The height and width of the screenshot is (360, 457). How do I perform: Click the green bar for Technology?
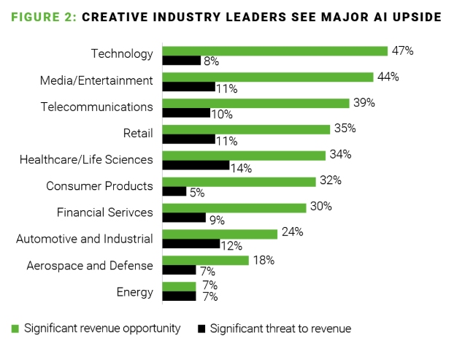(274, 51)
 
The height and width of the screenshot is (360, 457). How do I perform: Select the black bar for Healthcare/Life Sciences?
(196, 166)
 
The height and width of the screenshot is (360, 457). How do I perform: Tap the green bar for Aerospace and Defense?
(205, 260)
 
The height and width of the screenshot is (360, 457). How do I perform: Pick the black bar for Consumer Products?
(174, 191)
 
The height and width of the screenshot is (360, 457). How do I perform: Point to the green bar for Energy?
(179, 286)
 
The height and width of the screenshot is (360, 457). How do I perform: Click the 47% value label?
(404, 51)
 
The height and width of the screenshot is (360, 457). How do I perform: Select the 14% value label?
(241, 168)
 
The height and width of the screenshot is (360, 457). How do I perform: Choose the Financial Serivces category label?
(105, 212)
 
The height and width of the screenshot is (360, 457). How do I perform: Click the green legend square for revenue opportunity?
(15, 329)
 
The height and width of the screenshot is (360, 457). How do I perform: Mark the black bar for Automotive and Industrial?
(191, 244)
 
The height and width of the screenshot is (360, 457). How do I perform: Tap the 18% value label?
(262, 259)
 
